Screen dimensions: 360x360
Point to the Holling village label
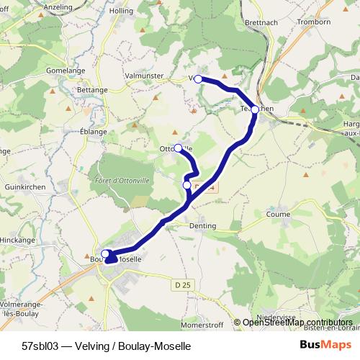click(x=121, y=12)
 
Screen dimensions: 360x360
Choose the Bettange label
click(x=91, y=90)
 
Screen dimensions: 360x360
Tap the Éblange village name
click(x=94, y=132)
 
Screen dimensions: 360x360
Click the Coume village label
click(x=278, y=214)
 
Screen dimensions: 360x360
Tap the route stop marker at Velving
click(x=198, y=79)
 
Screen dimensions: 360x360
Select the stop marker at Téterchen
click(x=255, y=110)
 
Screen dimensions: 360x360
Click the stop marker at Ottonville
click(x=178, y=148)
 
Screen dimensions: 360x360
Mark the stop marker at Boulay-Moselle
click(x=106, y=253)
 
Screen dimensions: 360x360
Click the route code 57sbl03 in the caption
click(x=40, y=346)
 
